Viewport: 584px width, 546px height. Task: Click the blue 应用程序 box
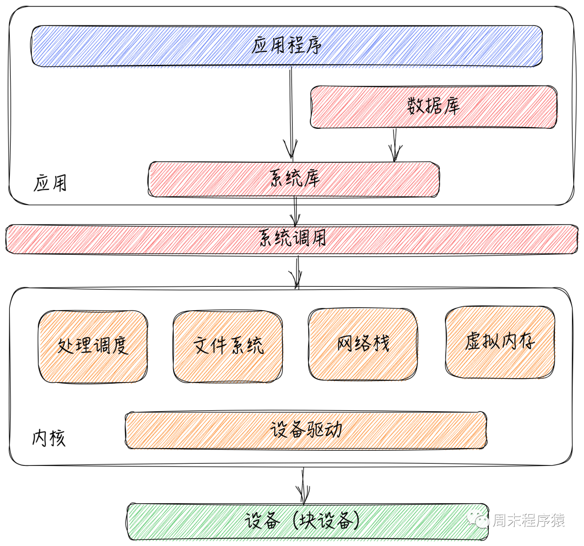click(287, 46)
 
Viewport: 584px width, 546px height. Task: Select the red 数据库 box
click(433, 107)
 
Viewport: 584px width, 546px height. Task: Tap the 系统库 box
click(294, 179)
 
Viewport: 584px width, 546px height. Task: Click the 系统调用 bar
click(292, 239)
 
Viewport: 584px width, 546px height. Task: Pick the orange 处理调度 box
click(93, 346)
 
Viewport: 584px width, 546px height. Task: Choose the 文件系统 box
click(228, 346)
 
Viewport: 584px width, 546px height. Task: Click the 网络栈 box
click(363, 344)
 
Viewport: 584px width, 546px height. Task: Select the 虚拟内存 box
click(500, 343)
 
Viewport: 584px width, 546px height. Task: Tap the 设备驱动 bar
click(306, 430)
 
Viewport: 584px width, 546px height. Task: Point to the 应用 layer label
click(50, 183)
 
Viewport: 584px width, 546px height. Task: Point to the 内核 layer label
click(49, 438)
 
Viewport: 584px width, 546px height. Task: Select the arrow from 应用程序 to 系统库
click(291, 114)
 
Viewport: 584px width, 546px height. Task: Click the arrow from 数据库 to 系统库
click(395, 144)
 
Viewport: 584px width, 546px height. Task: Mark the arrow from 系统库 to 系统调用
click(295, 211)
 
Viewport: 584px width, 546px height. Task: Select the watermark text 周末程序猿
click(528, 521)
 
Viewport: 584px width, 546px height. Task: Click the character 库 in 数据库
click(450, 107)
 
